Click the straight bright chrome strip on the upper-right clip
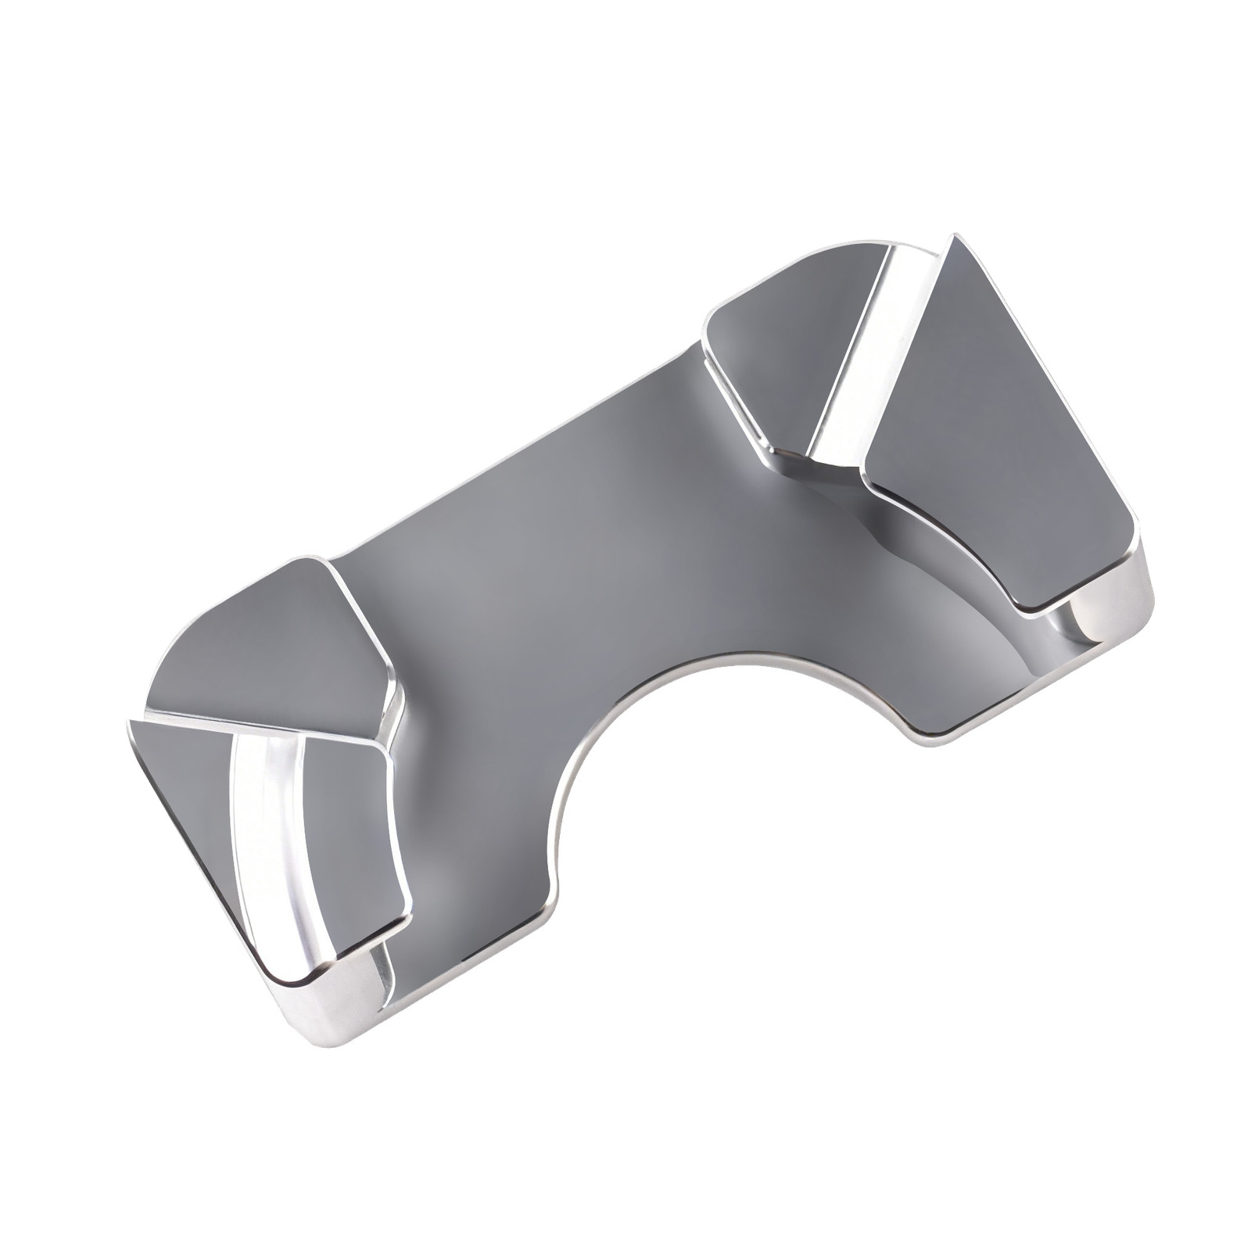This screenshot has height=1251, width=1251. [x=868, y=352]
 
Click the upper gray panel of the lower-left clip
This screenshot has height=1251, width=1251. [x=274, y=641]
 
